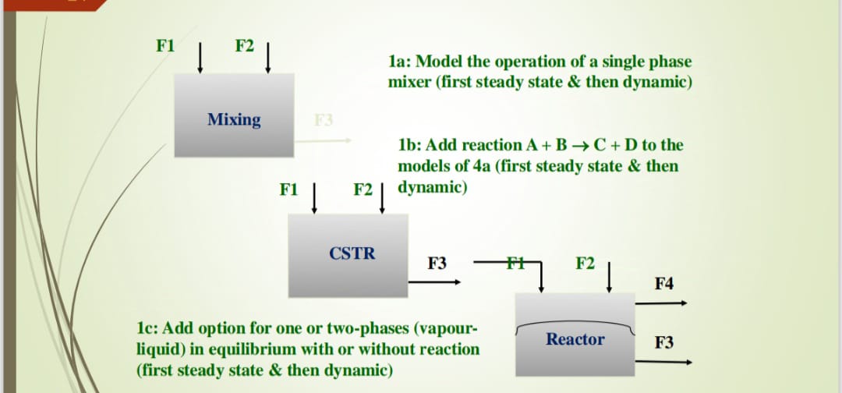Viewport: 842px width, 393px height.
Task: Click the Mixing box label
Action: pyautogui.click(x=234, y=119)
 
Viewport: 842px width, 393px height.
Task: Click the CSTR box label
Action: pyautogui.click(x=352, y=253)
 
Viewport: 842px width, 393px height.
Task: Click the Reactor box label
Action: pyautogui.click(x=575, y=339)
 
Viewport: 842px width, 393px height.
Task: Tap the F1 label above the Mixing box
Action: pyautogui.click(x=165, y=46)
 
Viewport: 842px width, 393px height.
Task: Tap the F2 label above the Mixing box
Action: pyautogui.click(x=245, y=46)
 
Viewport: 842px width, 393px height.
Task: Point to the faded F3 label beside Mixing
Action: pyautogui.click(x=323, y=120)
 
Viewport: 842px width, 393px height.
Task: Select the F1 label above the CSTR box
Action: pyautogui.click(x=288, y=189)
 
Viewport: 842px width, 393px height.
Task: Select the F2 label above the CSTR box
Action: pyautogui.click(x=363, y=189)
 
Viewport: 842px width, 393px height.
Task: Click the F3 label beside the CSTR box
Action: pyautogui.click(x=437, y=264)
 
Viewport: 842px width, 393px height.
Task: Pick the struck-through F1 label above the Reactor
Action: pyautogui.click(x=515, y=263)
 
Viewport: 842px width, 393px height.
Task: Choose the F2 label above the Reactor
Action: pyautogui.click(x=586, y=264)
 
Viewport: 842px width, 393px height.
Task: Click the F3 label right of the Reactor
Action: pyautogui.click(x=664, y=342)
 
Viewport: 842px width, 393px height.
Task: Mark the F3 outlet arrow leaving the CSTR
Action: pyautogui.click(x=437, y=281)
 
